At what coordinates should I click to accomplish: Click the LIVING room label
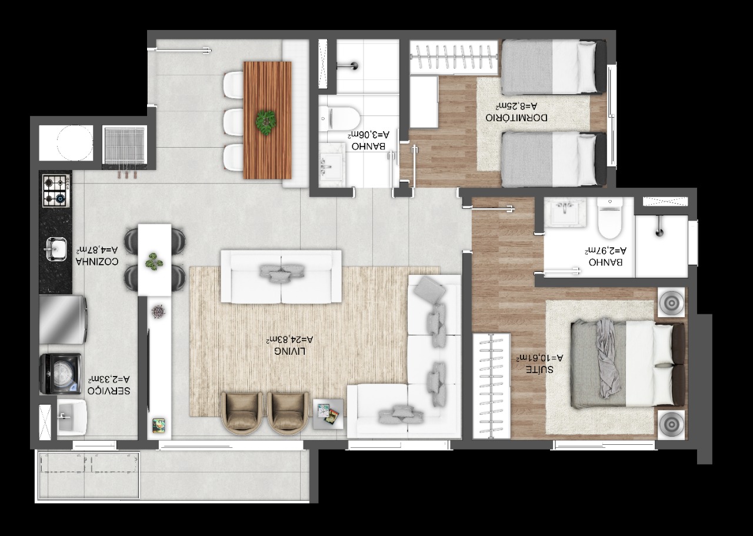[290, 351]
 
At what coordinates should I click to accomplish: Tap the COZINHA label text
[97, 262]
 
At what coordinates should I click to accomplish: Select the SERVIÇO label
[109, 391]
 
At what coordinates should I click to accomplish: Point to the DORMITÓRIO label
[516, 118]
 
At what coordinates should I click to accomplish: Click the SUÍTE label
[539, 369]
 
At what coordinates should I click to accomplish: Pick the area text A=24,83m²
[289, 339]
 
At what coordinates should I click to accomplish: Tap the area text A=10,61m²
[540, 358]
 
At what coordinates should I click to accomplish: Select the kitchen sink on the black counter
[56, 249]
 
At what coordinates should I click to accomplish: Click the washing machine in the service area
[60, 373]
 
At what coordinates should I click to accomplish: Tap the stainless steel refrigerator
[63, 319]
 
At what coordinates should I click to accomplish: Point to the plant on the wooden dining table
[266, 123]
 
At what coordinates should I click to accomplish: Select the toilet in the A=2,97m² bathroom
[610, 218]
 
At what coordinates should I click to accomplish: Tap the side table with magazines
[328, 414]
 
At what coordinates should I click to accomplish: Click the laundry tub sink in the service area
[72, 418]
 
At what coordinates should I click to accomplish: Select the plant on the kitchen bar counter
[154, 261]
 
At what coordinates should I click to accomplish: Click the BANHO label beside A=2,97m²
[605, 262]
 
